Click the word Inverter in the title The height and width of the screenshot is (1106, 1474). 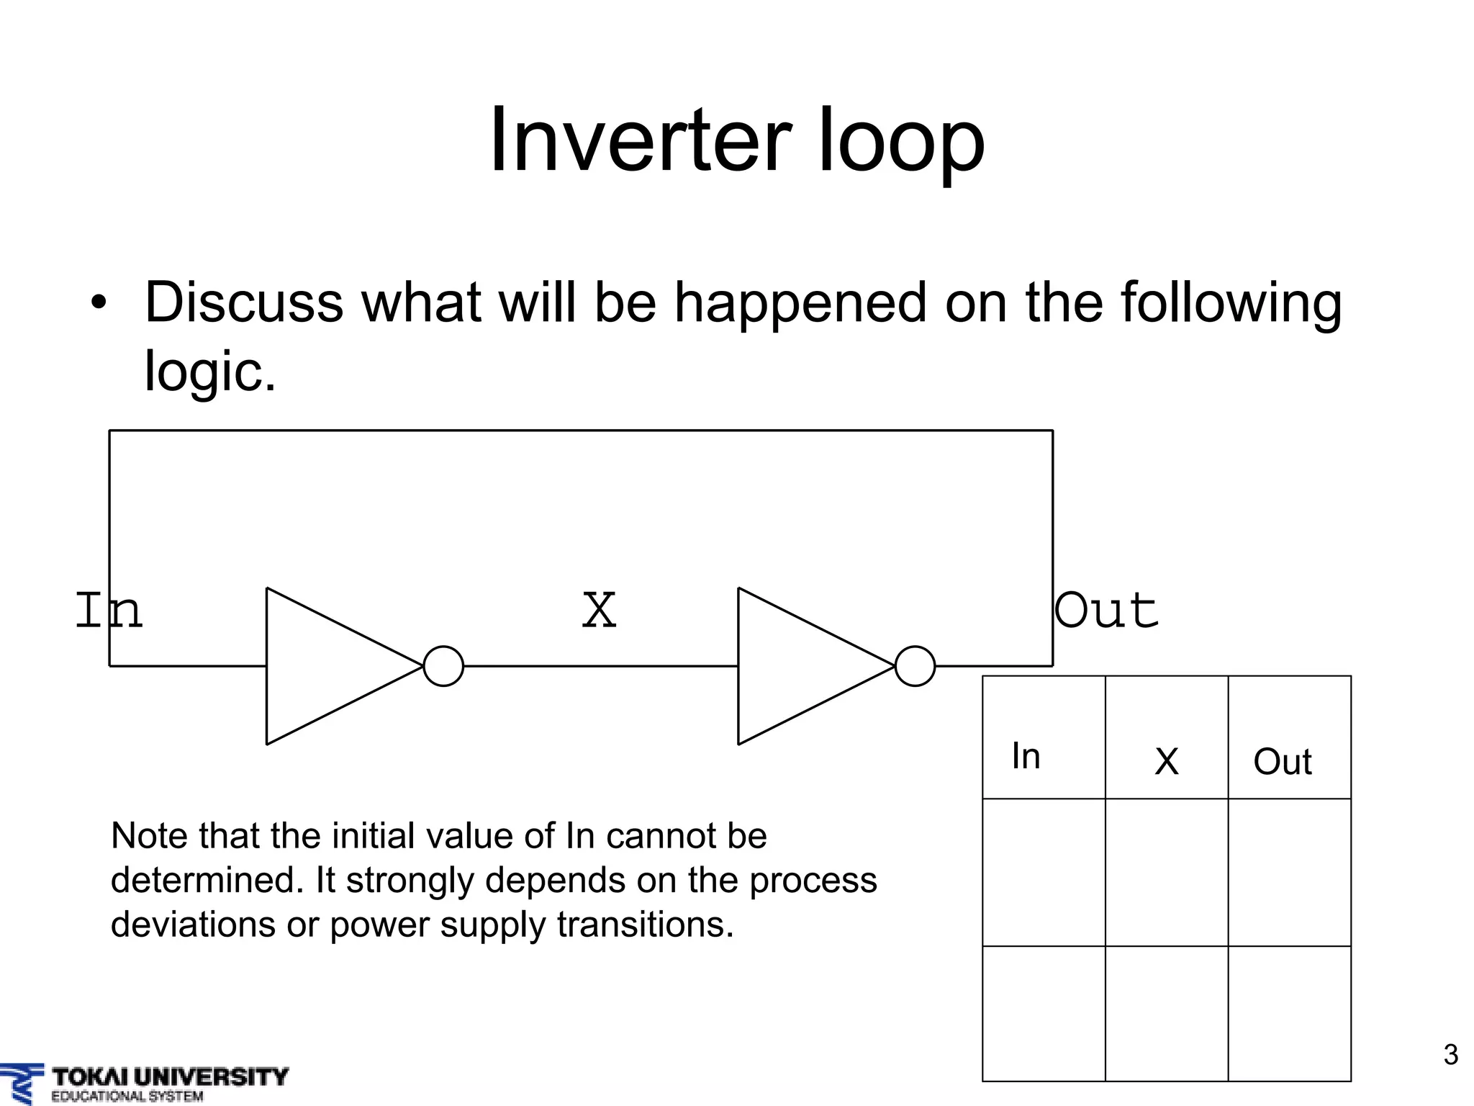[640, 140]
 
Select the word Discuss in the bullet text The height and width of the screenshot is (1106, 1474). [244, 302]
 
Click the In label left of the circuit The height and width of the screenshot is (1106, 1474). [109, 611]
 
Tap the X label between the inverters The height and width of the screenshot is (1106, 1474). [599, 611]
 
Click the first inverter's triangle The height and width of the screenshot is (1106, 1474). [331, 666]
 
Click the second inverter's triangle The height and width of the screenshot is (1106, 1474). [802, 666]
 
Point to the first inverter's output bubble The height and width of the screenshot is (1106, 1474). [443, 666]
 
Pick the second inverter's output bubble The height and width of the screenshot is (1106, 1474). [915, 666]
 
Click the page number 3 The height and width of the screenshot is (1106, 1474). [1450, 1055]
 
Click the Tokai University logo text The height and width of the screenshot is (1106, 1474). [170, 1078]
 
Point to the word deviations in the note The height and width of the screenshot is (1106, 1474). [193, 925]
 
